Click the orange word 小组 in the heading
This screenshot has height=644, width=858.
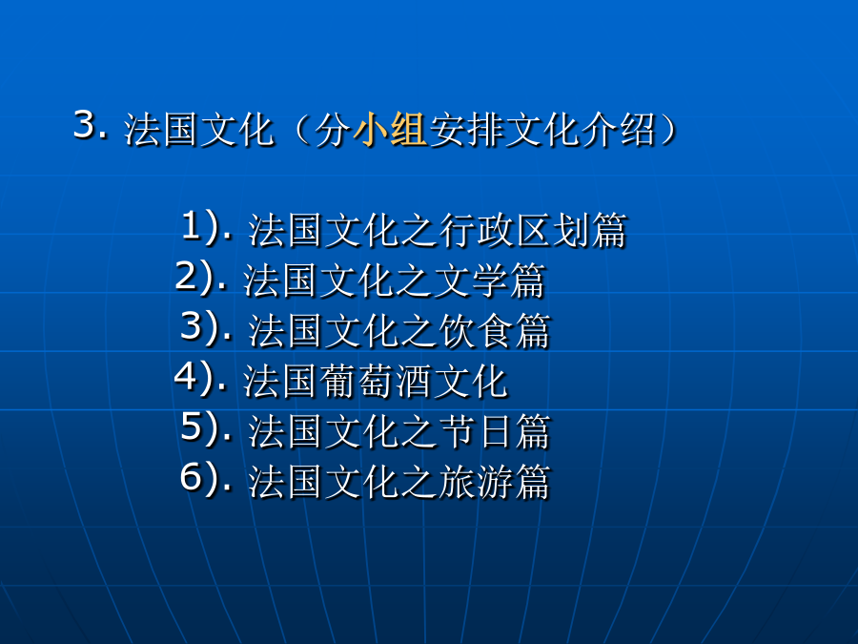(x=390, y=131)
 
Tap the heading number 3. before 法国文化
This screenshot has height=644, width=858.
(x=91, y=125)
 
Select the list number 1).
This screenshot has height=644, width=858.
(x=206, y=226)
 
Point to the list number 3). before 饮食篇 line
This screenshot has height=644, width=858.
(x=206, y=327)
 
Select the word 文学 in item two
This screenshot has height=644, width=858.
(x=471, y=280)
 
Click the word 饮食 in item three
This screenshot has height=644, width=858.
(x=476, y=331)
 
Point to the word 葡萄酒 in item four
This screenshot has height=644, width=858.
(x=376, y=381)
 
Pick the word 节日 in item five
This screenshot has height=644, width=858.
(x=476, y=431)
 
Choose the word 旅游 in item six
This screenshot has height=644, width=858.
(x=476, y=482)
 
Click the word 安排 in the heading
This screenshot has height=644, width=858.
(x=465, y=131)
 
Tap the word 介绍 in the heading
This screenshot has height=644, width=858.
(x=618, y=131)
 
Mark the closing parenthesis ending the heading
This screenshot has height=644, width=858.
(x=668, y=131)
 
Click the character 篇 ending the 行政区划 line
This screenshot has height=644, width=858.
(x=608, y=230)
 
